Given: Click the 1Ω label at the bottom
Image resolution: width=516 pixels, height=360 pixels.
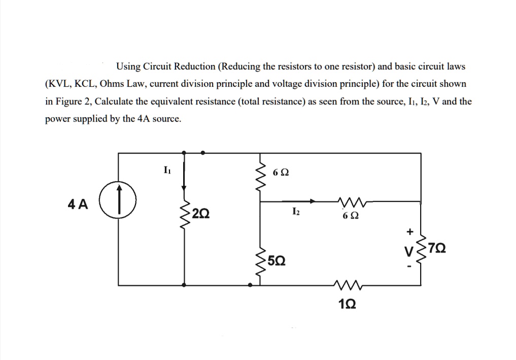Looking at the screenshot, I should pos(347,304).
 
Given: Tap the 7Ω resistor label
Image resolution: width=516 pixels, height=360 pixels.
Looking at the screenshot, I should pos(437,249).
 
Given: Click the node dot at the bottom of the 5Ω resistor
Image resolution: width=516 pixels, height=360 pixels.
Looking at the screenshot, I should pos(249,285).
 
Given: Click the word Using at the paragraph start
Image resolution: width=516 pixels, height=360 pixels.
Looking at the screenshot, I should pos(127,66).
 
